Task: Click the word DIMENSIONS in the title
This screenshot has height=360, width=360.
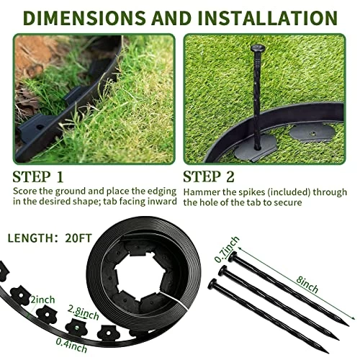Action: coord(85,17)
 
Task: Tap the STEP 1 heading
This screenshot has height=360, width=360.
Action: coord(38,177)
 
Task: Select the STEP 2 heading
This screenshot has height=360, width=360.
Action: coord(209,177)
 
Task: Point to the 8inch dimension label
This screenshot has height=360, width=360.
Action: coord(307,284)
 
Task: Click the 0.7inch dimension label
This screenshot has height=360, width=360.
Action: coord(227,249)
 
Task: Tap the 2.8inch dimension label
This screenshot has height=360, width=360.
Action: coord(83,312)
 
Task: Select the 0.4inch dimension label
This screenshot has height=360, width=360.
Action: coord(71,345)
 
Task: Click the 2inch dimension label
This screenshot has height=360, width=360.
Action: coord(42,300)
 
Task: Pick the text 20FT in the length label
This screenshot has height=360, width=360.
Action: coord(78,238)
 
